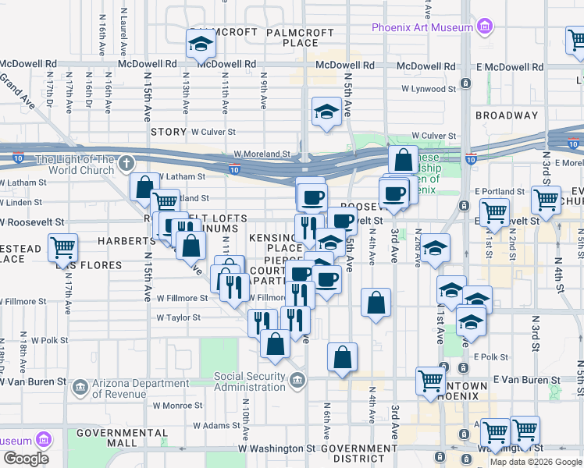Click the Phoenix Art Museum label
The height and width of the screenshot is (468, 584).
click(422, 27)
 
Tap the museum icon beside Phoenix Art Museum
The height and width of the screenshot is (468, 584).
click(485, 27)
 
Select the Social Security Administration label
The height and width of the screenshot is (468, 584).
click(250, 382)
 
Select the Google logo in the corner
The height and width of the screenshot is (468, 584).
click(26, 458)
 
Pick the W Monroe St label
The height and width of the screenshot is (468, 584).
click(178, 406)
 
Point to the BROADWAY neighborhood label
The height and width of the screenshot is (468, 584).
click(507, 115)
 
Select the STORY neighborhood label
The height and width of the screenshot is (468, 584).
click(169, 133)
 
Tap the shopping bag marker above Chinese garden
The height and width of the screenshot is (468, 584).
click(404, 161)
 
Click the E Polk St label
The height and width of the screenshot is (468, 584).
click(490, 356)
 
